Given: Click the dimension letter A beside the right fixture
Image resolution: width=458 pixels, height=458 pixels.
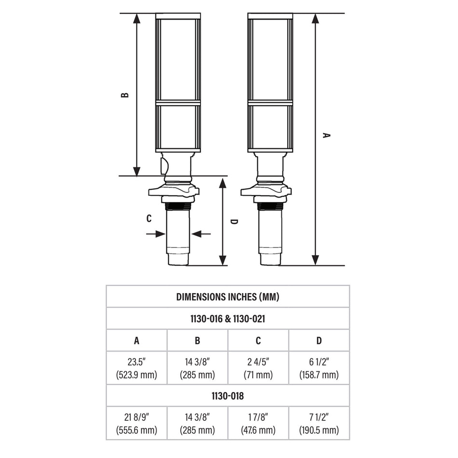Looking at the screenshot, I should coord(326,135).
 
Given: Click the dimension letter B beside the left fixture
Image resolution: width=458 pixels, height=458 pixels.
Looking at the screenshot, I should coord(125,95).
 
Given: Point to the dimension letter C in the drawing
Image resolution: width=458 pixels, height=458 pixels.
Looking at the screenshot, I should coord(149,218).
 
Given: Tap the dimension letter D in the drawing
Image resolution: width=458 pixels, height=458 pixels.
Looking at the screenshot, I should coord(234,222).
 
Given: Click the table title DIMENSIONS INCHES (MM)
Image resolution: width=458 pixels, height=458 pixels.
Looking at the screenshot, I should coord(228,296).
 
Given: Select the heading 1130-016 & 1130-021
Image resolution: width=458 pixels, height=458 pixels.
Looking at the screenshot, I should coord(228,318).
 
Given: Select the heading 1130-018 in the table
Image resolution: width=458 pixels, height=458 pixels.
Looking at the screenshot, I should coord(228,396).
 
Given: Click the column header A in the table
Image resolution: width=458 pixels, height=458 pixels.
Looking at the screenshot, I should coord(136,341).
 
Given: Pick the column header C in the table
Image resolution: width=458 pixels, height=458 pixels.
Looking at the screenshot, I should coord(258,341).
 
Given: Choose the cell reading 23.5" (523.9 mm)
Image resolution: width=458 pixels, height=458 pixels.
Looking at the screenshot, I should coord(136,368).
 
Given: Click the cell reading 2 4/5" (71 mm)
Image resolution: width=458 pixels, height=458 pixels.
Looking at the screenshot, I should coord(258,368).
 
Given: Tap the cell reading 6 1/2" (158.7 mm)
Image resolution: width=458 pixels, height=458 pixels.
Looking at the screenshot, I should coord(319,368).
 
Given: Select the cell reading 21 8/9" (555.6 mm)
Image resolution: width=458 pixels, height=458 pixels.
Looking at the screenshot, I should coord(136,423).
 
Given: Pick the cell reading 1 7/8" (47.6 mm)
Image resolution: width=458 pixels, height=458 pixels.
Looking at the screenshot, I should coord(258,423).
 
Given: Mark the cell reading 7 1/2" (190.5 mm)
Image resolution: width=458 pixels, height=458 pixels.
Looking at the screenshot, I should coord(319,423).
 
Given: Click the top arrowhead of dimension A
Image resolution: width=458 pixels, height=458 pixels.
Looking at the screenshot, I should coord(315,18).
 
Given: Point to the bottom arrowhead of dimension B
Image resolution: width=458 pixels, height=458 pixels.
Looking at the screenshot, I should coord(137,171).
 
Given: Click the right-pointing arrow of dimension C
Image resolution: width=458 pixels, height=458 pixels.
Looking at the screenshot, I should coord(160,234).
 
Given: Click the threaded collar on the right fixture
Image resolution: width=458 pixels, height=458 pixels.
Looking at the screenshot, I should coord(270,206).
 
